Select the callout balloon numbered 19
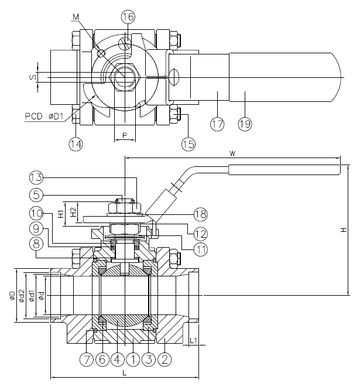pos(245,123)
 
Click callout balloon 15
pos(187,142)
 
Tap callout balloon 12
pos(201,233)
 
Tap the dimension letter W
pos(232,155)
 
